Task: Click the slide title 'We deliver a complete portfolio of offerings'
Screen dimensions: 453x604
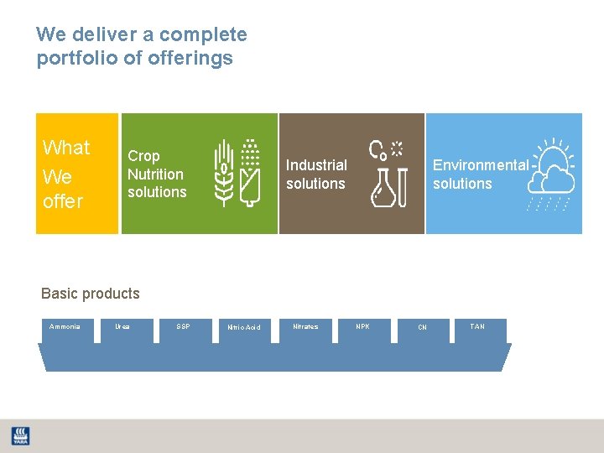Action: point(142,46)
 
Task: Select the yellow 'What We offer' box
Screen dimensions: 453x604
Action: point(76,174)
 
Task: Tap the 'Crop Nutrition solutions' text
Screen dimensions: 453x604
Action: point(157,174)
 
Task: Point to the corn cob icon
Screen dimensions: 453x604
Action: point(249,173)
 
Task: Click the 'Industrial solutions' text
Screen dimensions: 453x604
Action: point(316,174)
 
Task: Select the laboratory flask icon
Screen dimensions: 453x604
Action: point(386,185)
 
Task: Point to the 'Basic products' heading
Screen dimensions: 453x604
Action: point(91,294)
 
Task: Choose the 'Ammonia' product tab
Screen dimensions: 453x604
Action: point(65,327)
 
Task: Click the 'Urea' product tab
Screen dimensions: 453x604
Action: point(123,327)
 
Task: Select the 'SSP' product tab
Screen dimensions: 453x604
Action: point(184,327)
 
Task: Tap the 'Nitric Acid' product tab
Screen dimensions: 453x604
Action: point(244,328)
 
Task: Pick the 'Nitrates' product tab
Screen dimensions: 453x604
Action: point(305,327)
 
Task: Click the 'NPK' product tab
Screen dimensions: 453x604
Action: point(362,327)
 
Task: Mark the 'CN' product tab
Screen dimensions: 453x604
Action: point(423,328)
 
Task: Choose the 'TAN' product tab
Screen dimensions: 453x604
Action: point(477,327)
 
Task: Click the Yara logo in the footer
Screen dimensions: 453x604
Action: point(19,435)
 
